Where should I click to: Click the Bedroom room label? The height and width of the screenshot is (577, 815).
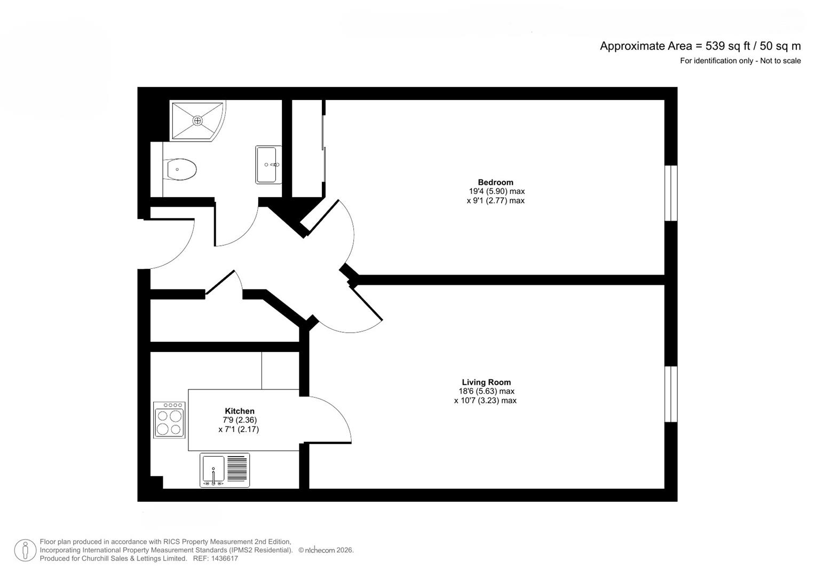tap(495, 182)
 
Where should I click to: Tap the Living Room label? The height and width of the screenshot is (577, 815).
tap(486, 382)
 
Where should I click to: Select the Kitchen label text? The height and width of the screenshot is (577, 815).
tap(240, 411)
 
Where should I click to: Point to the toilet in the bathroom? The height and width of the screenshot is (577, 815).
tap(180, 169)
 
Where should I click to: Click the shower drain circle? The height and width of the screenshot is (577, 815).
tap(197, 121)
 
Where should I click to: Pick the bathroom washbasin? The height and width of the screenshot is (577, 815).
tap(268, 165)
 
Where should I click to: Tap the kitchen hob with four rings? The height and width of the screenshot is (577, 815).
tap(169, 420)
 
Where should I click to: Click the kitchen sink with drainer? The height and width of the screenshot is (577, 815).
tap(225, 470)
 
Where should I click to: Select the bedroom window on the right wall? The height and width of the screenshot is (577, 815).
tap(671, 193)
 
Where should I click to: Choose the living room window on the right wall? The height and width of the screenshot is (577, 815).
tap(671, 394)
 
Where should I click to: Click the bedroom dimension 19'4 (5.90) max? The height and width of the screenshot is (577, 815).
tap(497, 191)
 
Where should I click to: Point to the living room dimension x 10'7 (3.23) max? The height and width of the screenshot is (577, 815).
tap(485, 401)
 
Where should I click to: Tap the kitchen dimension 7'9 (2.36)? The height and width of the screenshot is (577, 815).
tap(240, 420)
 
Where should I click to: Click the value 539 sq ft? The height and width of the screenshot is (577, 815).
tap(728, 46)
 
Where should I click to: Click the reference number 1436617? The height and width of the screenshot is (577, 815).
tap(224, 558)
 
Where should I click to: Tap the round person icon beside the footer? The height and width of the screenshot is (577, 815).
tap(25, 550)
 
